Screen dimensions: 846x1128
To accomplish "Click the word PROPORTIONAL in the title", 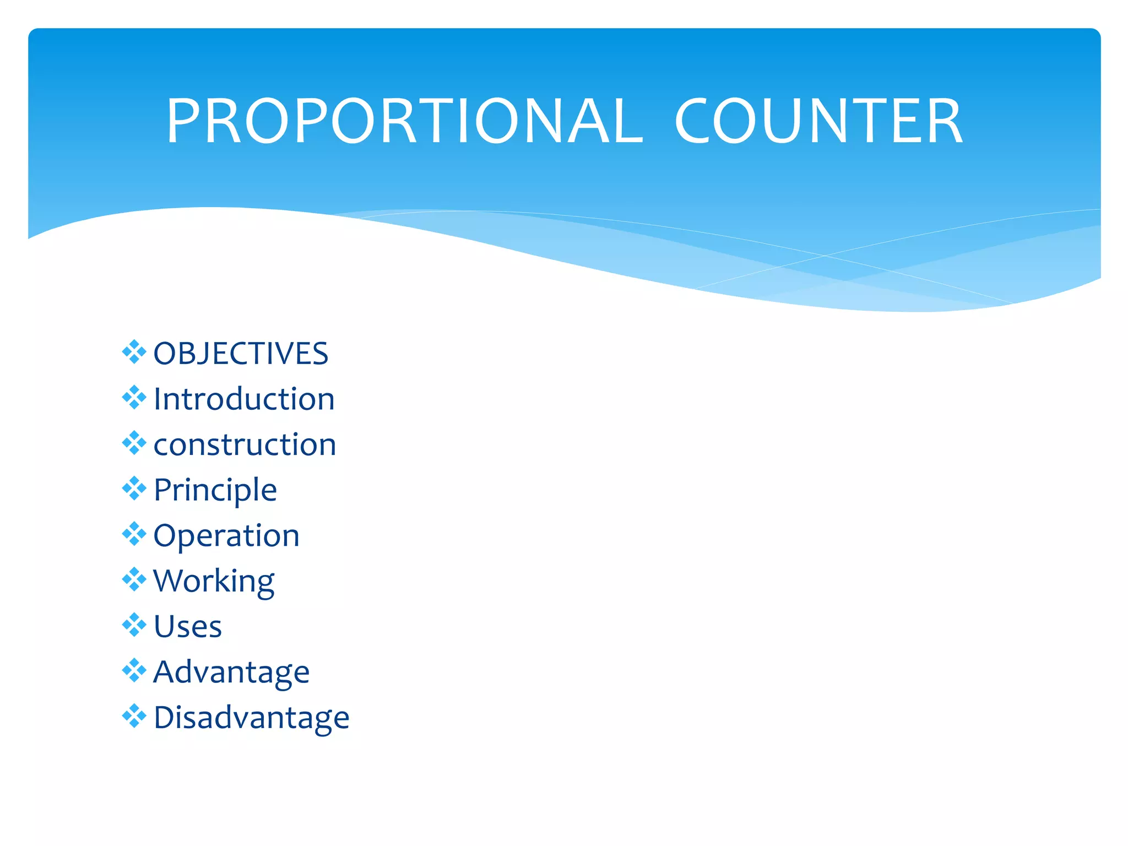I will pos(405,121).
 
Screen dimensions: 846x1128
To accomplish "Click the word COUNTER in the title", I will pos(818,121).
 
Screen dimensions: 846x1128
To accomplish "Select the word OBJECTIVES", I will pos(241,354).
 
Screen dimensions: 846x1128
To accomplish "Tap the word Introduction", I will pos(244,399).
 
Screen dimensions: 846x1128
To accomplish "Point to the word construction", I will pos(245,444).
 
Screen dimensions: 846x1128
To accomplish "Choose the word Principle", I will pos(215,490).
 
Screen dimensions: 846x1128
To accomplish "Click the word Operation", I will pos(226,536).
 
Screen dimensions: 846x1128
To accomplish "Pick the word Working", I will pos(214,582).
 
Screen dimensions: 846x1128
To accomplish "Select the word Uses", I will pos(188,627).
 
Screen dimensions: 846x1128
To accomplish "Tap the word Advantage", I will pos(231,673).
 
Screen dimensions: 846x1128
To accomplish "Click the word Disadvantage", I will pos(251,718).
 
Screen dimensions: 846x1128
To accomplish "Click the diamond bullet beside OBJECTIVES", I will pos(134,352).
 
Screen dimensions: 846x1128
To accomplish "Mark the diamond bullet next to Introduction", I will pos(134,398).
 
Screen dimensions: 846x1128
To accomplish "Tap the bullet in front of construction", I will pos(134,443).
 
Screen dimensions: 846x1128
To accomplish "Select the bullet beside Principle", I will pos(134,489).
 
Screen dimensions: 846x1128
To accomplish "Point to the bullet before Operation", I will pos(134,534).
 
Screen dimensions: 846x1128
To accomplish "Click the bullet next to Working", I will pos(134,579).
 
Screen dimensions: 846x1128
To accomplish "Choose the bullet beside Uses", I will pos(134,625).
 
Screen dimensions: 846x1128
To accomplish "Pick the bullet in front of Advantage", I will pos(134,670).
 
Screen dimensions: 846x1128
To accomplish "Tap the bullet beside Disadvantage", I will pos(134,716).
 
